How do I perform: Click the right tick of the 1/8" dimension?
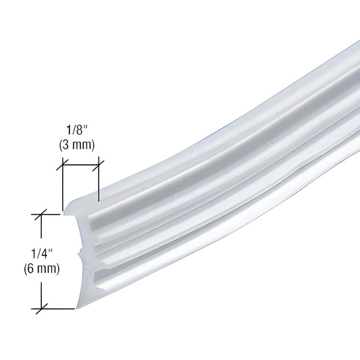pos(99,163)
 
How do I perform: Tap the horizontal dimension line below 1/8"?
pos(80,163)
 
